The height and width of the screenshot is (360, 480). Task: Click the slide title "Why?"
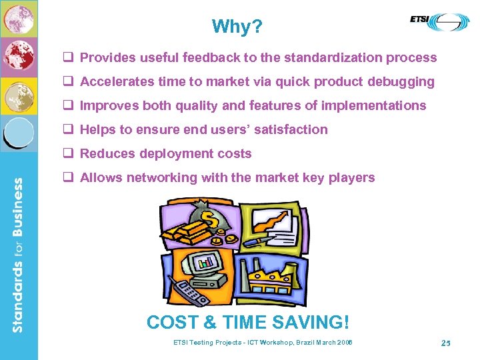pos(237,27)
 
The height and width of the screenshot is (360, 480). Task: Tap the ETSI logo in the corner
pos(439,21)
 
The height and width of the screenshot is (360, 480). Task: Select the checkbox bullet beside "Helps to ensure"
pos(68,129)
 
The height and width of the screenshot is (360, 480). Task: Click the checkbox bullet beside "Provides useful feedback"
pos(68,57)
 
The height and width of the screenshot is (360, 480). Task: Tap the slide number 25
pos(446,343)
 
